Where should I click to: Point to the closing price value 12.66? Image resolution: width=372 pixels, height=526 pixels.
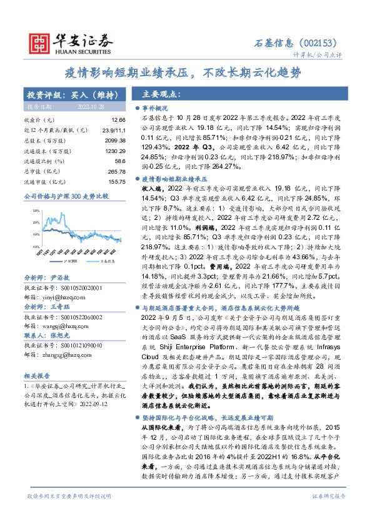click(118, 119)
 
